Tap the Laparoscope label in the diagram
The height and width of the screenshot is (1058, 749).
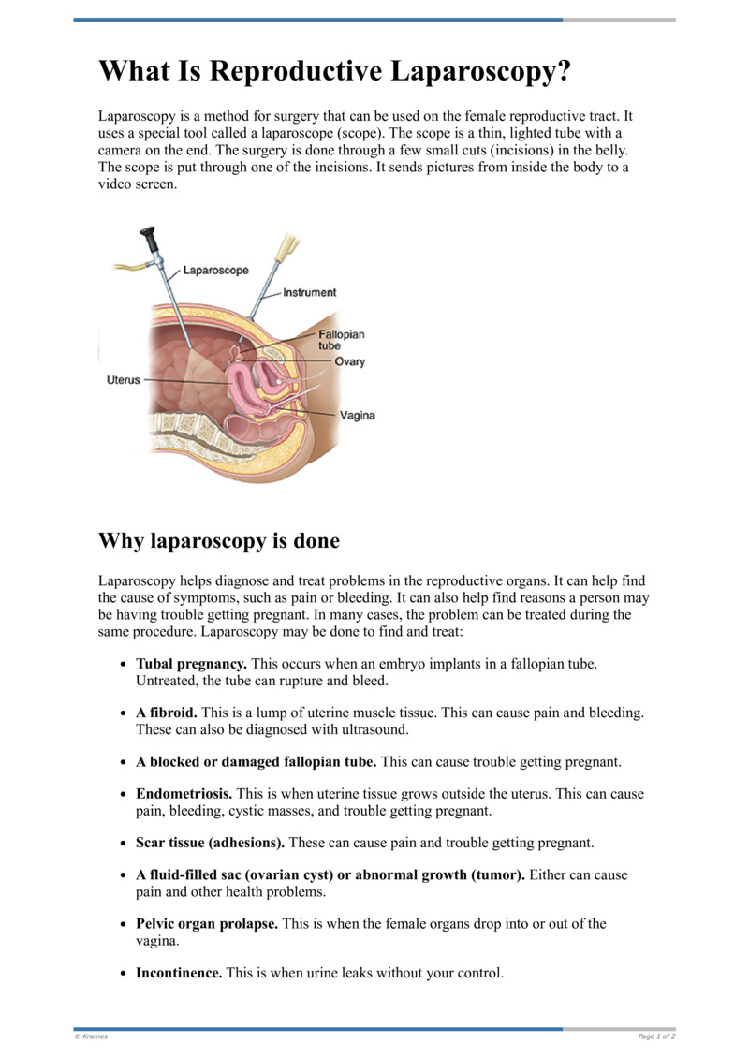pyautogui.click(x=215, y=271)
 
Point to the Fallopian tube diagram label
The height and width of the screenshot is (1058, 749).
pyautogui.click(x=341, y=339)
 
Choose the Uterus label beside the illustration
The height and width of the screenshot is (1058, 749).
pyautogui.click(x=122, y=380)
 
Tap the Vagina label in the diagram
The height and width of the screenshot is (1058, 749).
pyautogui.click(x=357, y=416)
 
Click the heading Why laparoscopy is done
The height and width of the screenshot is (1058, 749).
pyautogui.click(x=218, y=541)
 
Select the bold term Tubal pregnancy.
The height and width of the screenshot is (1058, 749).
pyautogui.click(x=192, y=663)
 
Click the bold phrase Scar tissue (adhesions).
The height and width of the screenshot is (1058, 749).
pyautogui.click(x=211, y=843)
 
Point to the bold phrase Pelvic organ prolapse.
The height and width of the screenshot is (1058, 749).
pyautogui.click(x=207, y=923)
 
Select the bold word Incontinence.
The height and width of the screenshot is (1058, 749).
pyautogui.click(x=179, y=973)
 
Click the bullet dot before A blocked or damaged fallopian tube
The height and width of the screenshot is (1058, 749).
pyautogui.click(x=124, y=762)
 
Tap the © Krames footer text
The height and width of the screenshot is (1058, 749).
pyautogui.click(x=91, y=1036)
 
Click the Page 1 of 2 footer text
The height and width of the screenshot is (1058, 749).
pyautogui.click(x=656, y=1036)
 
